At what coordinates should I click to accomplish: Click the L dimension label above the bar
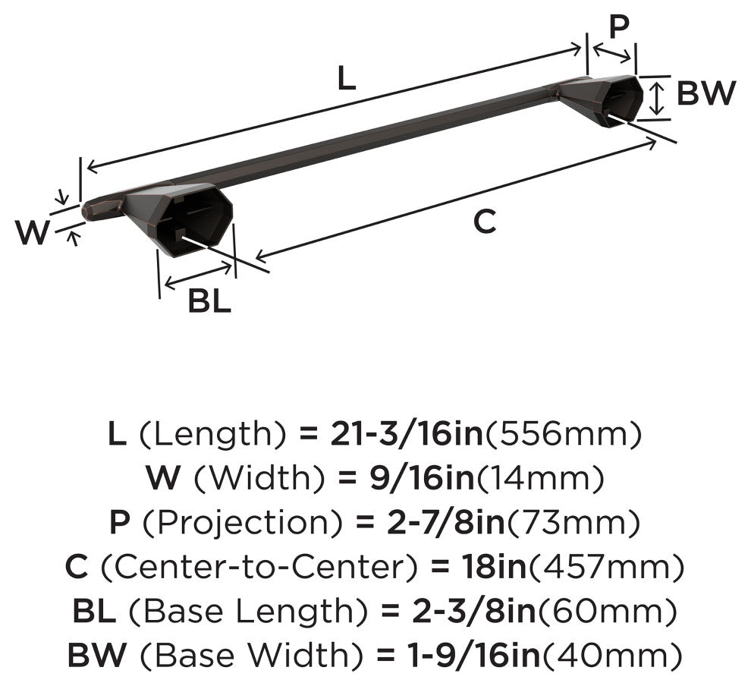[346, 77]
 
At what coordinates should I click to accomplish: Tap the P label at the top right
[619, 27]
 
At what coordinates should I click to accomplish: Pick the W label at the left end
[32, 232]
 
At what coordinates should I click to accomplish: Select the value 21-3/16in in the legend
[406, 434]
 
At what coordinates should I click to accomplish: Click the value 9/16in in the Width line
[422, 478]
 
